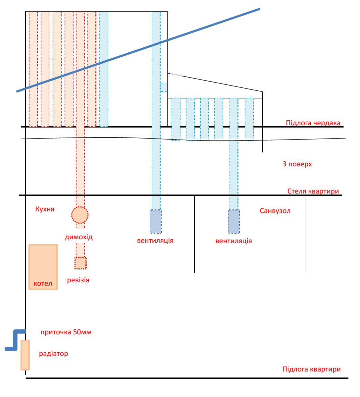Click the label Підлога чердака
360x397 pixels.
tap(313, 123)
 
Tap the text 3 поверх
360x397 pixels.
tap(297, 164)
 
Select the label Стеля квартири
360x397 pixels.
tap(313, 191)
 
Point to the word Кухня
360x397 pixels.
tap(45, 209)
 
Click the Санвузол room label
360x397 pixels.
tap(275, 211)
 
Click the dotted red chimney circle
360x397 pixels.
tap(80, 215)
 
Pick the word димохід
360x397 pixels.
tap(79, 237)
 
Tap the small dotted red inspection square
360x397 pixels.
tap(80, 263)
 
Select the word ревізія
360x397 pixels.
tap(78, 280)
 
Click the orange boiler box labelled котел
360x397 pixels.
tap(43, 267)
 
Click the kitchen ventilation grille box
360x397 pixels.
tap(156, 222)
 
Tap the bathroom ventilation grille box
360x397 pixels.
tap(234, 222)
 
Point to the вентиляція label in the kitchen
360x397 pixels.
tap(155, 241)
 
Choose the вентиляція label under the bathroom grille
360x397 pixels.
tap(234, 241)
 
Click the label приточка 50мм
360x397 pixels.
tap(66, 332)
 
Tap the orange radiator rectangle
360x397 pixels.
tap(25, 355)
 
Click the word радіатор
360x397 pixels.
tap(53, 354)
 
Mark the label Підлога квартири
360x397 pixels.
tap(311, 369)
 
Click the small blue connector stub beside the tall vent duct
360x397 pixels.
tap(163, 88)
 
